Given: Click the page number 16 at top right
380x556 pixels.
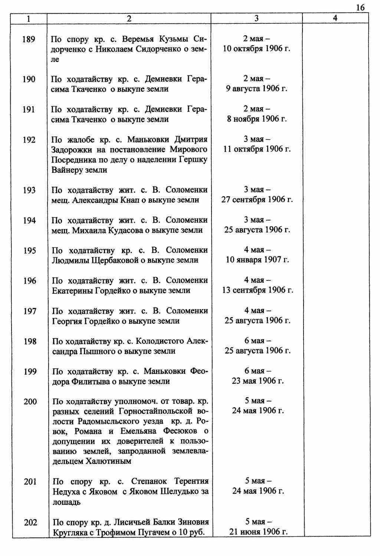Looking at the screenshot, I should pyautogui.click(x=360, y=7).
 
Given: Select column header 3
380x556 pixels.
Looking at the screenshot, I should pyautogui.click(x=256, y=18).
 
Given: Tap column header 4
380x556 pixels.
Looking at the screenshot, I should pyautogui.click(x=335, y=18).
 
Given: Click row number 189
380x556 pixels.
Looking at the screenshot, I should pyautogui.click(x=29, y=39).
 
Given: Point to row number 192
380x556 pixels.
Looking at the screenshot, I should pyautogui.click(x=29, y=140).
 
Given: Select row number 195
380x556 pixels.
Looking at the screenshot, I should pyautogui.click(x=29, y=250).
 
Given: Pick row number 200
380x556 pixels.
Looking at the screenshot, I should pyautogui.click(x=30, y=401).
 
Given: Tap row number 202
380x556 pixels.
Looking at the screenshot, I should pyautogui.click(x=30, y=522).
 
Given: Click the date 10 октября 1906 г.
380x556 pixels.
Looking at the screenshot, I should pyautogui.click(x=256, y=49).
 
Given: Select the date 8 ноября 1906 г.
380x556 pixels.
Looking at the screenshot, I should pyautogui.click(x=257, y=119).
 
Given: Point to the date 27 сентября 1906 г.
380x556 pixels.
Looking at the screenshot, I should pyautogui.click(x=257, y=199).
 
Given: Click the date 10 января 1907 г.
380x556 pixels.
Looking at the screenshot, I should pyautogui.click(x=257, y=260).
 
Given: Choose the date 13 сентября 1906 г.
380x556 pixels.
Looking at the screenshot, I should pyautogui.click(x=258, y=290).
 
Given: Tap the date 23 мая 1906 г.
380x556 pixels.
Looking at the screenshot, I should pyautogui.click(x=258, y=381).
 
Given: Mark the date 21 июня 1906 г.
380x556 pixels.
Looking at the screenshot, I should pyautogui.click(x=258, y=531).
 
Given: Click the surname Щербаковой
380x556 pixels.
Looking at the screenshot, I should pyautogui.click(x=114, y=260).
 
